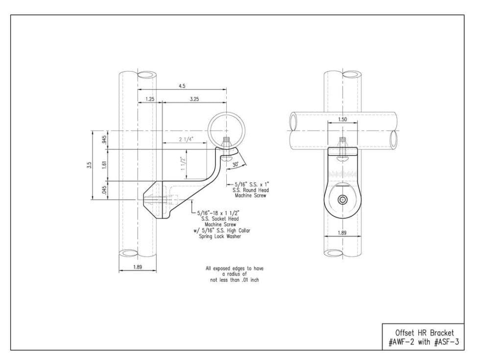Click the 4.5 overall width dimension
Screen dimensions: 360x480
pos(182,86)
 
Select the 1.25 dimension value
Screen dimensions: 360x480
pos(150,99)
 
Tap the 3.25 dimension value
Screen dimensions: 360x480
pos(194,99)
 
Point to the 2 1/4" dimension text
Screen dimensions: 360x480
pos(186,140)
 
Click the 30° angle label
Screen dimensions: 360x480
pos(236,165)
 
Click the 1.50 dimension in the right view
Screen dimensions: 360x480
pos(342,120)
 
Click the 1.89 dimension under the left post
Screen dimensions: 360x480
pos(138,267)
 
